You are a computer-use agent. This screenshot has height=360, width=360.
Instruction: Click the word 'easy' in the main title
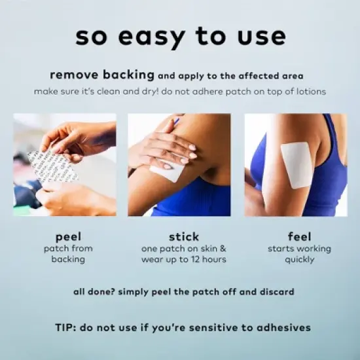pos(152,37)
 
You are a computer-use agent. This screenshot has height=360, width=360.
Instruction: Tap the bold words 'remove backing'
pos(102,75)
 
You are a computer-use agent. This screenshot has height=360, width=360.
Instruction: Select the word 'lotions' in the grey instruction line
pos(311,92)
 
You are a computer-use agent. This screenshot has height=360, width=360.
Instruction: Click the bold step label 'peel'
pos(68,237)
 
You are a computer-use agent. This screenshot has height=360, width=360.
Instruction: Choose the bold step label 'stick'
pos(184,237)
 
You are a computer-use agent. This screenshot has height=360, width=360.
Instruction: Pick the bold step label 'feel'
pos(299,236)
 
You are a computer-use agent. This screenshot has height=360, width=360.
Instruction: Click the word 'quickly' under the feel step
pos(299,260)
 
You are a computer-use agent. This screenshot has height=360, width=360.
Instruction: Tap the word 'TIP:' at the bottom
pos(66,327)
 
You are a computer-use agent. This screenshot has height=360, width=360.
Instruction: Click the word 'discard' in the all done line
pos(277,292)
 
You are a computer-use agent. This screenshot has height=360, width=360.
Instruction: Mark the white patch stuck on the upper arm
pos(296,164)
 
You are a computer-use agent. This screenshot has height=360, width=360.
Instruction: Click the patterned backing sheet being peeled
pos(52,166)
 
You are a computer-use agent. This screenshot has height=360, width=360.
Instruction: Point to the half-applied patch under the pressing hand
pos(167,170)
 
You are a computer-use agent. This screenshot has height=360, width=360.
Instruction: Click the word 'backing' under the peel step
pos(68,259)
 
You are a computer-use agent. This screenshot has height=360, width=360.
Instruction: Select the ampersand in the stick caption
pos(223,249)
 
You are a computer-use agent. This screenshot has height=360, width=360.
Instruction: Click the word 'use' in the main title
pos(262,37)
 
